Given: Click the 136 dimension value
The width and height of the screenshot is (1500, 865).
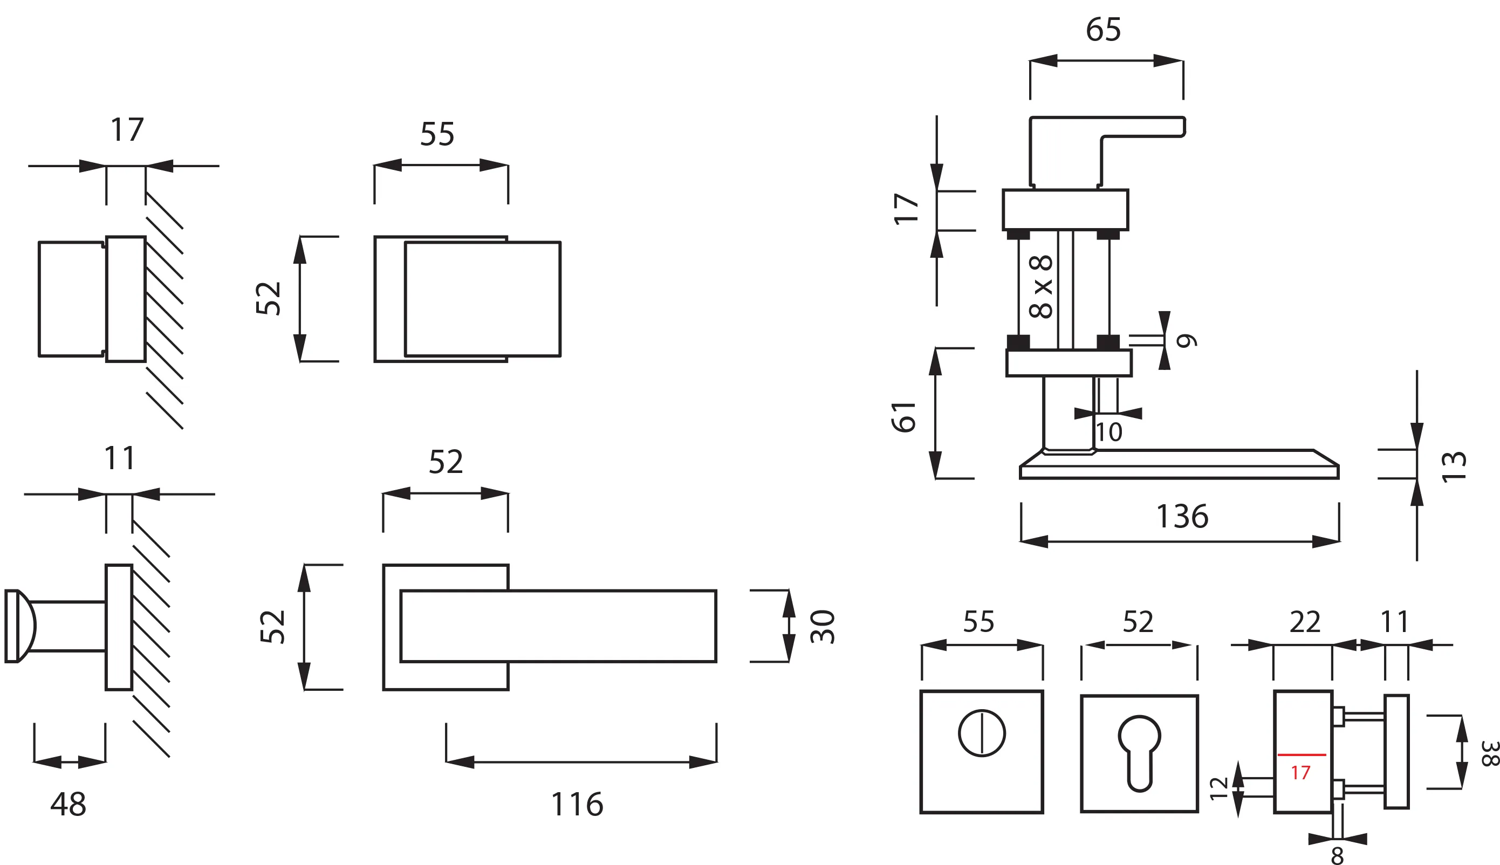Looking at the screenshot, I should coord(1182,516).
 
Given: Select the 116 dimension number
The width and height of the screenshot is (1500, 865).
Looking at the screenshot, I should coord(577,805).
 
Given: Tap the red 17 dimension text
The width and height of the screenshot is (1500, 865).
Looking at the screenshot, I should coord(1300,772).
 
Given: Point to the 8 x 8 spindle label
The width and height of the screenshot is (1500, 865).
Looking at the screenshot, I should coord(1041,286).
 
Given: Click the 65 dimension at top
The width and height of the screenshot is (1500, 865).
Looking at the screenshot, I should coord(1103,29).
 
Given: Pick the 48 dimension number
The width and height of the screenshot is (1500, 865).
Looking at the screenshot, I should coord(69,805).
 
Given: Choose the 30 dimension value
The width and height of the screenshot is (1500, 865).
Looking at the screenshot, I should coord(822,626).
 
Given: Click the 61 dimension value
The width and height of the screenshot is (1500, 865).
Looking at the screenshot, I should coord(903,416).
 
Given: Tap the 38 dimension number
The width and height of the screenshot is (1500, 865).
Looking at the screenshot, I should coord(1490,753).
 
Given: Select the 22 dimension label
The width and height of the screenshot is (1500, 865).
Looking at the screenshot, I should coord(1305,622).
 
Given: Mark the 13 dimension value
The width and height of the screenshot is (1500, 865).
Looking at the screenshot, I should coord(1454,466).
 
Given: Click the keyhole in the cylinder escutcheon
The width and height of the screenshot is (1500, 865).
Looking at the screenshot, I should coord(1139,752).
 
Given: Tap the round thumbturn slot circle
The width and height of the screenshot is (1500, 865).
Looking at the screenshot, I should coord(981,733).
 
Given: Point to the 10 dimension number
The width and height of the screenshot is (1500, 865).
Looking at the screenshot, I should coord(1108,432).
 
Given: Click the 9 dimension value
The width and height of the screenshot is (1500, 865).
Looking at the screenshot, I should coord(1186,340).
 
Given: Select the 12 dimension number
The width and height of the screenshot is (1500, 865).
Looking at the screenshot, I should coord(1218,788).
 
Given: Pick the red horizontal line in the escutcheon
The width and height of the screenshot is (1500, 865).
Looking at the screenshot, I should coord(1302,755).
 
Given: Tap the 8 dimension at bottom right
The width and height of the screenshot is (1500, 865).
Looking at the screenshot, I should coord(1337,855).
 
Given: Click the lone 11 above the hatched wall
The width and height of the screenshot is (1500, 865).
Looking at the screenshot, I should coord(119,458).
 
